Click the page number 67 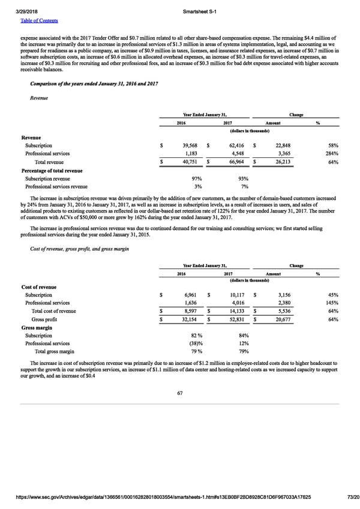(179, 393)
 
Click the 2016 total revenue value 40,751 (185, 162)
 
